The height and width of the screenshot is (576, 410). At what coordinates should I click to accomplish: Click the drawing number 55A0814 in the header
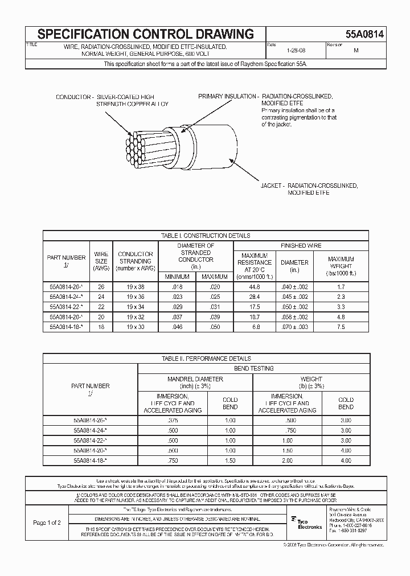pyautogui.click(x=364, y=34)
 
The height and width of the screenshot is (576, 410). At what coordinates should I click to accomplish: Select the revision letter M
pyautogui.click(x=356, y=50)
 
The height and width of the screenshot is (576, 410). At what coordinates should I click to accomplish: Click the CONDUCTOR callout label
pyautogui.click(x=74, y=97)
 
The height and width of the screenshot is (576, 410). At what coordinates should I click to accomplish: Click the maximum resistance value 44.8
pyautogui.click(x=255, y=287)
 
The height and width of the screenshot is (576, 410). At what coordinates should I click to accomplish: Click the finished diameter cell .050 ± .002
pyautogui.click(x=294, y=306)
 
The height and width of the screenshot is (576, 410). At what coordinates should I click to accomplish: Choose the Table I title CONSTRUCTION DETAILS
pyautogui.click(x=206, y=235)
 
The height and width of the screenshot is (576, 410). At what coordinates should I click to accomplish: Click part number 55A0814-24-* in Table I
pyautogui.click(x=67, y=297)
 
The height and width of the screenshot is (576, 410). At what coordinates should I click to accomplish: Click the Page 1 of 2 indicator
pyautogui.click(x=48, y=522)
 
